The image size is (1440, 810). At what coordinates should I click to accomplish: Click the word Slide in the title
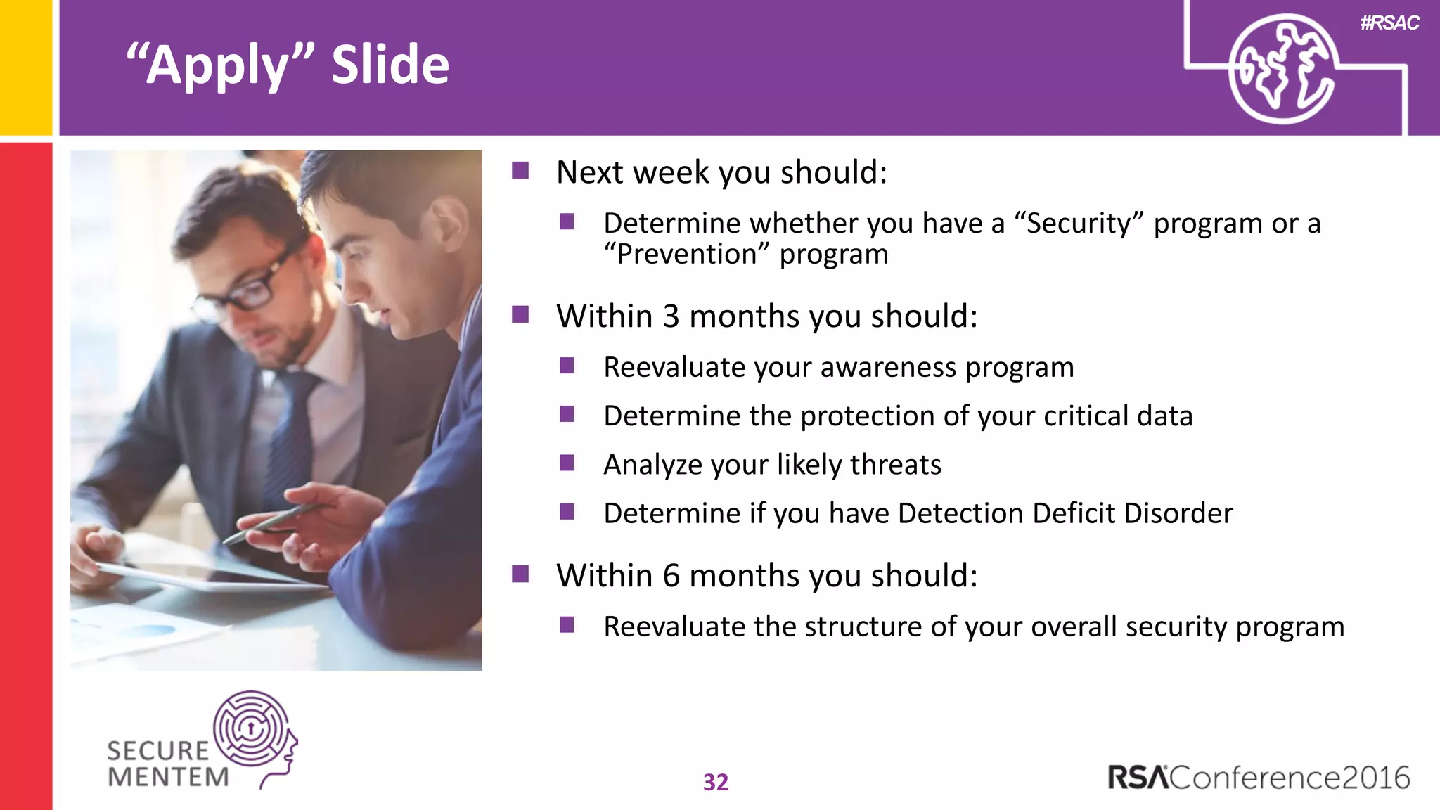[390, 65]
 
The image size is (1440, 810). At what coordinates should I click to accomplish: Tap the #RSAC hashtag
[1389, 22]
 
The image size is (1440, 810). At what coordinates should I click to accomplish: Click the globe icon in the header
[1281, 69]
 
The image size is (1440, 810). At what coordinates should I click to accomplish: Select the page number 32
[716, 782]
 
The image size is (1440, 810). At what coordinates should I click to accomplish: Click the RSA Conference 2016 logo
[1259, 778]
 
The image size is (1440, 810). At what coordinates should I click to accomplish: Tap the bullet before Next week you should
[520, 171]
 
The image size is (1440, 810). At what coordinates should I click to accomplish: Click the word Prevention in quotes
[686, 254]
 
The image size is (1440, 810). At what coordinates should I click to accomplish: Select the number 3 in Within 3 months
[671, 316]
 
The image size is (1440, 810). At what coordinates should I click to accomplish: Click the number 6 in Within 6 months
[671, 576]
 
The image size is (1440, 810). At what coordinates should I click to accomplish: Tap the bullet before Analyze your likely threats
[567, 463]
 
